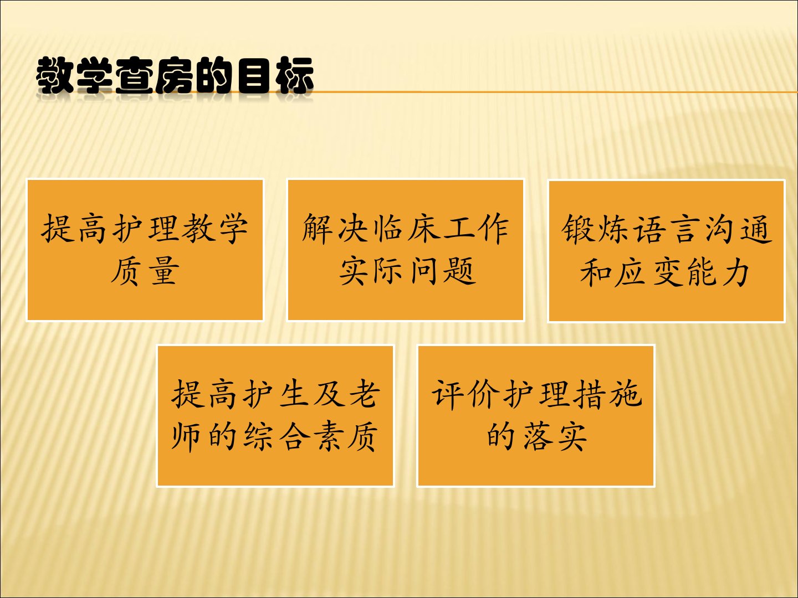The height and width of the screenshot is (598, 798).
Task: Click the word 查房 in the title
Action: point(155,75)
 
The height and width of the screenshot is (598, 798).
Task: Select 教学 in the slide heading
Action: point(74,75)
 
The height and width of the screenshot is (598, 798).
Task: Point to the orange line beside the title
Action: point(554,92)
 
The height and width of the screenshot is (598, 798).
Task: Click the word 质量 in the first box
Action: point(145,271)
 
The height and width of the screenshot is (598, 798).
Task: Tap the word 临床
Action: point(406,228)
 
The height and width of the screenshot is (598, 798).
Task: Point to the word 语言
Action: point(666,229)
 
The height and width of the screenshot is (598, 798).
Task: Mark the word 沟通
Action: point(738,229)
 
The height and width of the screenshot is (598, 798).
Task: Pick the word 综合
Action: point(277,436)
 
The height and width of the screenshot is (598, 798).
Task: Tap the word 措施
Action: point(607,394)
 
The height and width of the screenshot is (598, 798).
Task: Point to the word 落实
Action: point(554,436)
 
